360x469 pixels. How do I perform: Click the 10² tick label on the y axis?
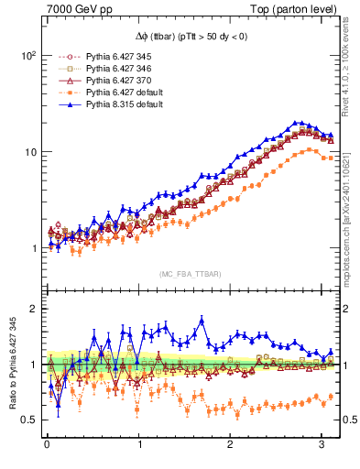[x=27, y=55]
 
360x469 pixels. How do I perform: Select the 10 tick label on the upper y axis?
[x=29, y=151]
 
